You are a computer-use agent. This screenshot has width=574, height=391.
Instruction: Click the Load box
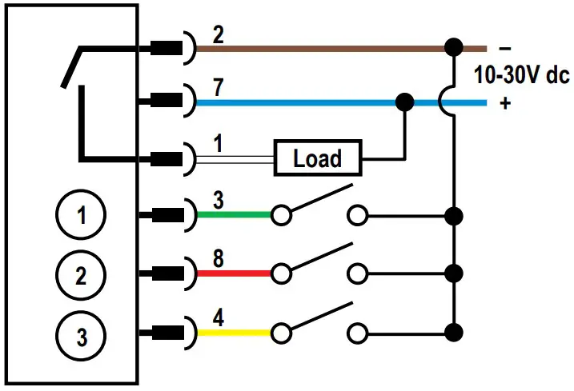click(317, 158)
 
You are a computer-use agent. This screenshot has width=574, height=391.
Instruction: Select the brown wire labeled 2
click(320, 47)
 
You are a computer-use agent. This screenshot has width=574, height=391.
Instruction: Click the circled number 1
click(79, 214)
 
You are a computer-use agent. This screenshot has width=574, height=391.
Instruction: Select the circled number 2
click(79, 276)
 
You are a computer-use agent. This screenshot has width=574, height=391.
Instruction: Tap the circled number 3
click(79, 336)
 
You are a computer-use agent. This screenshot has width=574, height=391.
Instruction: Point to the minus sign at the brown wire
click(504, 47)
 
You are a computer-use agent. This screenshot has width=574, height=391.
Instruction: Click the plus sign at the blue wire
click(504, 103)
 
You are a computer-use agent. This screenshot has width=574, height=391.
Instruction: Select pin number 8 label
click(219, 257)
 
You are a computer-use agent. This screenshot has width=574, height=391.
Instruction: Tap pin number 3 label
click(219, 198)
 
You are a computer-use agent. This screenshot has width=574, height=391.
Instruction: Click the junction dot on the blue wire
click(405, 102)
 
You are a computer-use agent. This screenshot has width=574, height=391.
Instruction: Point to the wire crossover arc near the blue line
click(448, 102)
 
